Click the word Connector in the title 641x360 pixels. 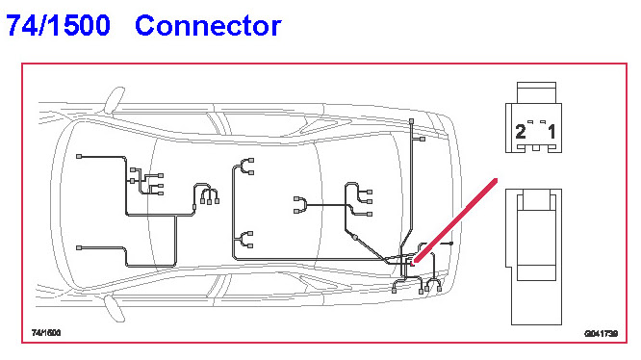point(208,25)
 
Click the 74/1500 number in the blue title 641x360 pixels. point(58,25)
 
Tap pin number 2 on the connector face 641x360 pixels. point(521,132)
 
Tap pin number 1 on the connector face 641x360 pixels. point(551,132)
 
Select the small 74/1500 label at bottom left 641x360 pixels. point(46,333)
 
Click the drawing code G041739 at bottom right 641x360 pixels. point(601,334)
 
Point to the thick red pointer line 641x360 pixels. point(455,220)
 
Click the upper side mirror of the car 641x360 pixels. point(115,99)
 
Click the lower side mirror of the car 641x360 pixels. point(115,308)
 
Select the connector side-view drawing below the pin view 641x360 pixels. point(534,257)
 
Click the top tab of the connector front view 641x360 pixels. point(536,92)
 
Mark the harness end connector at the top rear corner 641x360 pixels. point(411,121)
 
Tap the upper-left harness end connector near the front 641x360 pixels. point(79,157)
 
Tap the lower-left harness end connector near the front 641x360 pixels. point(79,248)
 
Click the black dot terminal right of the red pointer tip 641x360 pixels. point(450,244)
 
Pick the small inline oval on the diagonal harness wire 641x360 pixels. point(355,238)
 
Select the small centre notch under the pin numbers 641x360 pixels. point(535,148)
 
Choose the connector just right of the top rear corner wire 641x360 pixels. point(423,139)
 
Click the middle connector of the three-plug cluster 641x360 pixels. point(209,202)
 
